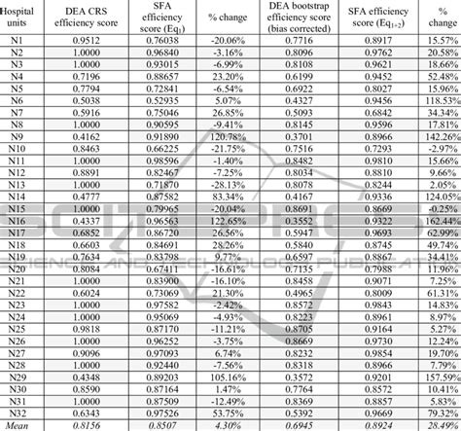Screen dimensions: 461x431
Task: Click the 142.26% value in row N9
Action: [441, 138]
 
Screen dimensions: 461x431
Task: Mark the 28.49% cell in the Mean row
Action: [441, 424]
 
